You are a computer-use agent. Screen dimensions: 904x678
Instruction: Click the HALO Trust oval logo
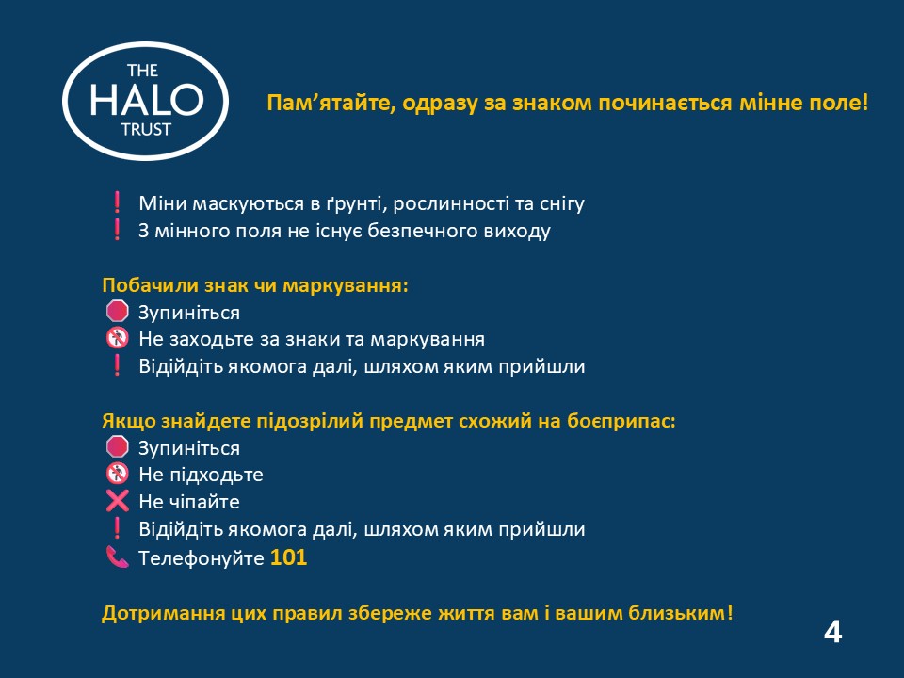point(145,101)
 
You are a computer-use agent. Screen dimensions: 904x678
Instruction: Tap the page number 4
point(832,633)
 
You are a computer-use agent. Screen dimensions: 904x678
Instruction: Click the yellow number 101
point(288,557)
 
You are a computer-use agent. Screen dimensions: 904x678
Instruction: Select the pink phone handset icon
point(117,557)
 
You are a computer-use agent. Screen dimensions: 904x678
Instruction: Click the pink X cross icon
point(117,501)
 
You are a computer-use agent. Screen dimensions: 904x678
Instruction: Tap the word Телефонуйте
point(202,558)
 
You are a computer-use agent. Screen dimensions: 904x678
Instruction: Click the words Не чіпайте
point(189,502)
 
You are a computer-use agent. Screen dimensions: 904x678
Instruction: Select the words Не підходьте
point(201,475)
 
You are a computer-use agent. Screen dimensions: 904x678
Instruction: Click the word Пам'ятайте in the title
point(331,104)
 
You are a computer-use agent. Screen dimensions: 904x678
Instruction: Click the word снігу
point(562,203)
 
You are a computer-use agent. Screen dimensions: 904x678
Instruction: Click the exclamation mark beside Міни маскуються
point(117,202)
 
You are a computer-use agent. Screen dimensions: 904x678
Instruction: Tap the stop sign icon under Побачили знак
point(117,312)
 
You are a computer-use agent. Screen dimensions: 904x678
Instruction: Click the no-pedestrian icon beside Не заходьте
point(117,338)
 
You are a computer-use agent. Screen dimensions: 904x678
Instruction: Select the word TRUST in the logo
point(146,130)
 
